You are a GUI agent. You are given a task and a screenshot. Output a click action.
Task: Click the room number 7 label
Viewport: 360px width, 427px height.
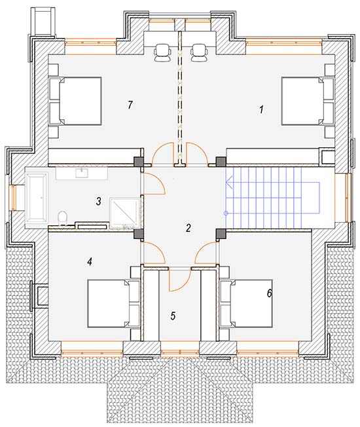(x=130, y=105)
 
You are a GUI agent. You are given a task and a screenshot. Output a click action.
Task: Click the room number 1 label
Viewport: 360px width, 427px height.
(x=261, y=110)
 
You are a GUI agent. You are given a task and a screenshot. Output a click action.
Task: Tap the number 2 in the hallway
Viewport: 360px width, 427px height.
(x=189, y=228)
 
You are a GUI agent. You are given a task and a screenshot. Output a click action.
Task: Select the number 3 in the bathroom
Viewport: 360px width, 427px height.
(x=98, y=202)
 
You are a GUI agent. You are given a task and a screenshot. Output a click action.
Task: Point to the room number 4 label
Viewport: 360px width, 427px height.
(x=90, y=262)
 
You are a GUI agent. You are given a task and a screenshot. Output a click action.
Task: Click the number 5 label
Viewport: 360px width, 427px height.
(x=173, y=316)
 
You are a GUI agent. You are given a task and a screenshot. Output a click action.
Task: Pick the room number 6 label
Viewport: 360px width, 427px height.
(x=270, y=293)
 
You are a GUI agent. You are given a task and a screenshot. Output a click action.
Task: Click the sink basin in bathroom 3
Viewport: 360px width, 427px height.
(x=82, y=173)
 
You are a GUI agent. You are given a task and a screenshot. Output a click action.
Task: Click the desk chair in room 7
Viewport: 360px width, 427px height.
(x=163, y=52)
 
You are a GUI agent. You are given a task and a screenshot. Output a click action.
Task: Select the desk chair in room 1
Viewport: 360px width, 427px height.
(x=199, y=52)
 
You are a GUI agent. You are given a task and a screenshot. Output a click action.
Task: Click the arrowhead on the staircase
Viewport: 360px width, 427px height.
(x=229, y=182)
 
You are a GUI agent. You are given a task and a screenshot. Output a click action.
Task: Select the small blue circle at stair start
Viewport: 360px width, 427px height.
(x=226, y=213)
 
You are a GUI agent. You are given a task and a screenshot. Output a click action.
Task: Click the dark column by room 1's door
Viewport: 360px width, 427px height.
(x=221, y=162)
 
